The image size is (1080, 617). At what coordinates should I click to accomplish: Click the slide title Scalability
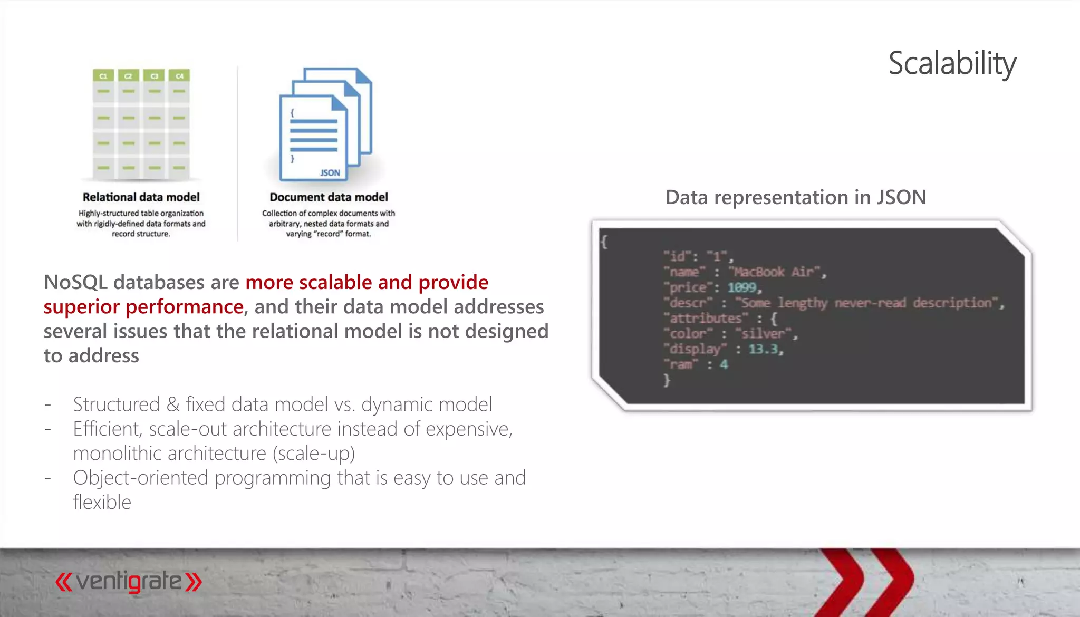tap(952, 64)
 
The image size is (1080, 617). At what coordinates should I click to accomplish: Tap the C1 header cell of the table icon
tap(103, 76)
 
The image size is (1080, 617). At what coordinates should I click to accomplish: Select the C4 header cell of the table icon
tap(179, 76)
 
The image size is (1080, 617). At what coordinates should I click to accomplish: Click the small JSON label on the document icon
tap(330, 173)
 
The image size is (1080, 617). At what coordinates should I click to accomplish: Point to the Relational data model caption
tap(141, 197)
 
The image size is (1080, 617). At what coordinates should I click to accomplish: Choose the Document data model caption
tap(329, 197)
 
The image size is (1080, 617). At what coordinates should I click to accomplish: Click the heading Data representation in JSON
tap(795, 197)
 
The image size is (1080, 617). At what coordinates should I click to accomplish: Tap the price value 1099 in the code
tap(742, 287)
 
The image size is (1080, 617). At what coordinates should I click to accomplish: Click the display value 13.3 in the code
tap(763, 349)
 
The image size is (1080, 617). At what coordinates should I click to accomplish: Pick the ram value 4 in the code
tap(724, 364)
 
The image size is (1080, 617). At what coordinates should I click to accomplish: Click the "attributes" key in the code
tap(706, 319)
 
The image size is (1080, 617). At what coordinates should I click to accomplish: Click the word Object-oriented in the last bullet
tap(141, 478)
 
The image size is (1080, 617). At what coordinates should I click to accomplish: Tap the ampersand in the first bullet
tap(173, 404)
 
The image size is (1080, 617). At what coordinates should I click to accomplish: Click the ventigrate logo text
tap(129, 582)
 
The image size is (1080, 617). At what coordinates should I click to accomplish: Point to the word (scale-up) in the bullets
tap(314, 454)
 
